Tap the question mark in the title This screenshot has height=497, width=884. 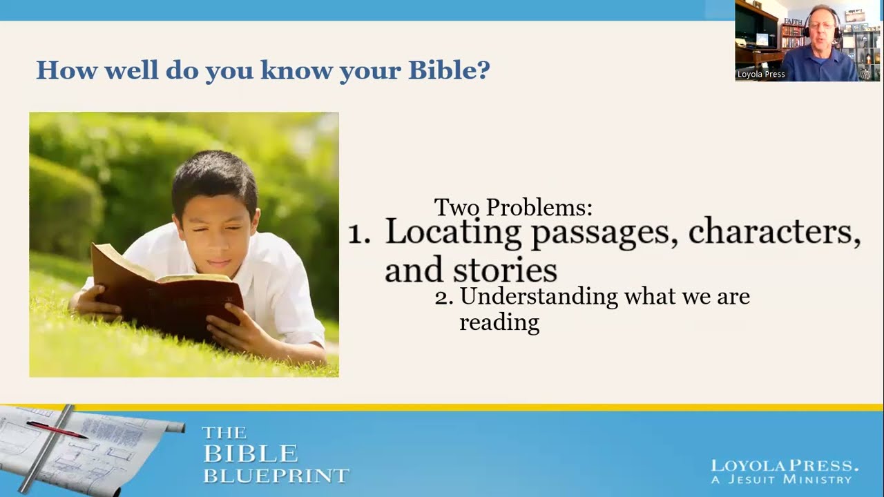(483, 70)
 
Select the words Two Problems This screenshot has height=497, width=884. (512, 207)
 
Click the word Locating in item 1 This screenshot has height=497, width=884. (452, 233)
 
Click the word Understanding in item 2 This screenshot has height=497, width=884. (539, 297)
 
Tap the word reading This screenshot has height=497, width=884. (499, 322)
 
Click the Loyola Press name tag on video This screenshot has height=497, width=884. (761, 75)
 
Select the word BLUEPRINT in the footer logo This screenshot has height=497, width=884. (276, 475)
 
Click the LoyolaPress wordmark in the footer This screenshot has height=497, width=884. (785, 466)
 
